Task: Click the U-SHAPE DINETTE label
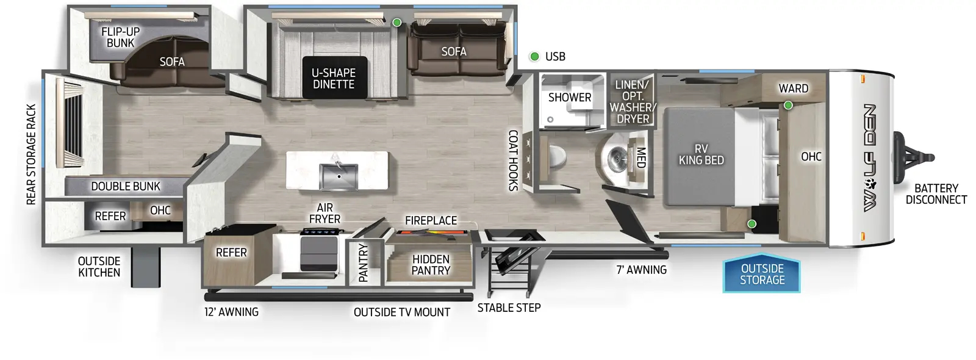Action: point(334,79)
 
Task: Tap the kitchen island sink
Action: point(339,176)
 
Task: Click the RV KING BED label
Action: point(701,154)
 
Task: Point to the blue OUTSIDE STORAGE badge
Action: point(762,274)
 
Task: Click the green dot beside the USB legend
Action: point(534,57)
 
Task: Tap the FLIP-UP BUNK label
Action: point(120,37)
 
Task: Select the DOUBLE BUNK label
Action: point(126,186)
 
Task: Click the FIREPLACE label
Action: point(431,220)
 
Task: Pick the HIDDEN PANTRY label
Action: point(431,265)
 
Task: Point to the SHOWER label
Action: point(569,97)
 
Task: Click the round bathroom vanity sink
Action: point(616,159)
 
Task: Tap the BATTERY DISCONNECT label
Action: point(936,194)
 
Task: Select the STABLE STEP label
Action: point(509,308)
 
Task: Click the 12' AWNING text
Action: point(231,312)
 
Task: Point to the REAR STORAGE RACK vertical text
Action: point(32,154)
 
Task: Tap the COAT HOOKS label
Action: point(514,160)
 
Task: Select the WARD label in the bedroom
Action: point(793,88)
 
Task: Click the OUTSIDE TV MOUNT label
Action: point(401,312)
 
